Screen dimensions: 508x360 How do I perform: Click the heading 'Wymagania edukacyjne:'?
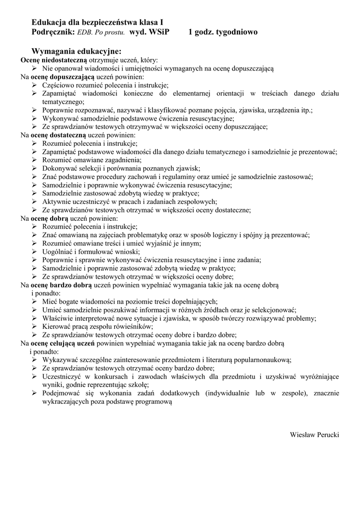(76, 51)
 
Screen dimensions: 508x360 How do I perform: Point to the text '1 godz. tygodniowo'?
(223, 32)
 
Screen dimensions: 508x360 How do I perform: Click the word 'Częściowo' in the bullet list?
(58, 85)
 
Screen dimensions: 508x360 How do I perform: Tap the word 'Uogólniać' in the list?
(58, 252)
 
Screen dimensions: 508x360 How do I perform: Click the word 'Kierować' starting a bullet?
(56, 326)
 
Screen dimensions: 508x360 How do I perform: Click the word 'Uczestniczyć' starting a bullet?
(62, 377)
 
